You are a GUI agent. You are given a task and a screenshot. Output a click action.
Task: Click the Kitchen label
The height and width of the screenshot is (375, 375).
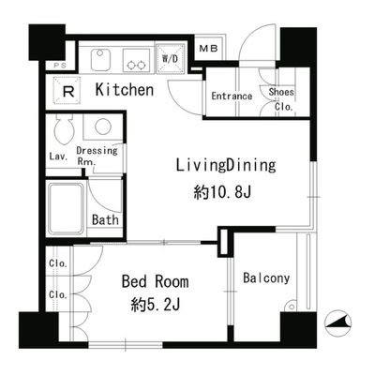point(125,90)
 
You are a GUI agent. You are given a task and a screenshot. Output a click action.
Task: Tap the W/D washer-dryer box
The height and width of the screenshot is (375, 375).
point(171,59)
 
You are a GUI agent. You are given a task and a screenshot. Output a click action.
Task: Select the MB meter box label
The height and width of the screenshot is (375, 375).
point(208,49)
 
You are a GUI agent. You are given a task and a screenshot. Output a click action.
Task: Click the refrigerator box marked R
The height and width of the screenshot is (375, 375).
point(67,91)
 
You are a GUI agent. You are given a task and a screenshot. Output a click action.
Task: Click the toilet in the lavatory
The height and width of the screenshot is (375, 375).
point(64,129)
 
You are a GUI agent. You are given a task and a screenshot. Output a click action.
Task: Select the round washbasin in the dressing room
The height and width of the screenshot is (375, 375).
point(103,127)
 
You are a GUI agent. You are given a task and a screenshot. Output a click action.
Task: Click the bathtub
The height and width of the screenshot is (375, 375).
point(67,209)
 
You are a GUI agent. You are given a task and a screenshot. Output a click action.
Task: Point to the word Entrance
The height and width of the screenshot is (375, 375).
point(232,96)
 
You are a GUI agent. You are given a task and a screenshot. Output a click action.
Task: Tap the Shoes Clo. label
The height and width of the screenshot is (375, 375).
point(281,99)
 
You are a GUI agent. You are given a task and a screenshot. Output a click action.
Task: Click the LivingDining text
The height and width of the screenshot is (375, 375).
point(226,165)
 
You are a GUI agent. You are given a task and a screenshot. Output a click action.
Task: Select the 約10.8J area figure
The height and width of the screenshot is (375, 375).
point(222,192)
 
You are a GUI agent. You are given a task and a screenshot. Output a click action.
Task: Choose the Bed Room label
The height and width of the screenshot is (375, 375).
point(156,281)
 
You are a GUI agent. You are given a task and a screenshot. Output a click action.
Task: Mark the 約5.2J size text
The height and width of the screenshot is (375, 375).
point(156,305)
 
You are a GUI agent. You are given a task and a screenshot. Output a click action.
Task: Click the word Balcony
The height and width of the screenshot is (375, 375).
point(266,278)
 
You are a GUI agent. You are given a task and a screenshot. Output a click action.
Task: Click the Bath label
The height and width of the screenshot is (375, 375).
point(105,220)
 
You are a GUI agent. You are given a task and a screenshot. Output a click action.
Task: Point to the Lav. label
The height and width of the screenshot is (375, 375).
point(58,157)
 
